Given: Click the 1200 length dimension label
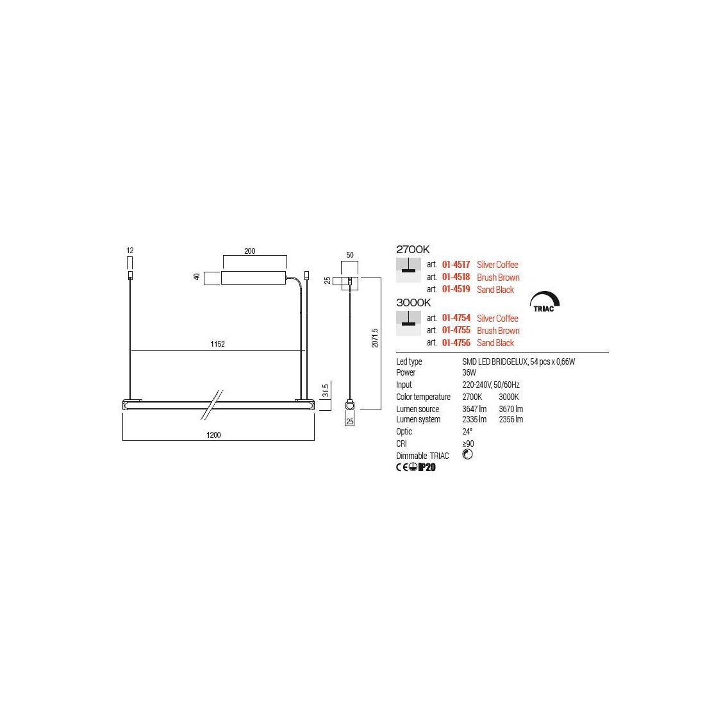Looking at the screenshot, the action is [213, 435].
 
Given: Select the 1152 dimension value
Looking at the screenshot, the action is [218, 344].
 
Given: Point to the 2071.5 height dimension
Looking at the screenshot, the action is [375, 338].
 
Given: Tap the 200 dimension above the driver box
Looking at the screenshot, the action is [249, 251].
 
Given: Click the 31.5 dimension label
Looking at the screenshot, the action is [326, 391].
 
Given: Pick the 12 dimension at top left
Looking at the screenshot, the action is [130, 251].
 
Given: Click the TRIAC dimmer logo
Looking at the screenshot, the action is [545, 302].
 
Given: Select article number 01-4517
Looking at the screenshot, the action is [456, 264].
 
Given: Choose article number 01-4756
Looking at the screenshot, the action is [456, 343].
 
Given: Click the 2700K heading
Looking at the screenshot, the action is [413, 249].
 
